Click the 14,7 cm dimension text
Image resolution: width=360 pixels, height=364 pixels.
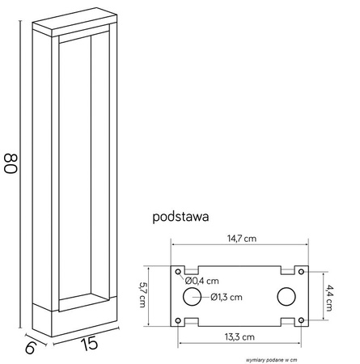point(241,238)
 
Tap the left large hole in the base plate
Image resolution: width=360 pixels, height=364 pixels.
point(192,297)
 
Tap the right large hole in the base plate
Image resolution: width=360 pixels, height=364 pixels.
point(287,297)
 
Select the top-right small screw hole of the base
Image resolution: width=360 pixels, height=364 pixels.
point(301,271)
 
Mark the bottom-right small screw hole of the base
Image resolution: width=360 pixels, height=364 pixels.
point(301,322)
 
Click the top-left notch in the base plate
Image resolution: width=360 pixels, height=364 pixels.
point(192,269)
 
